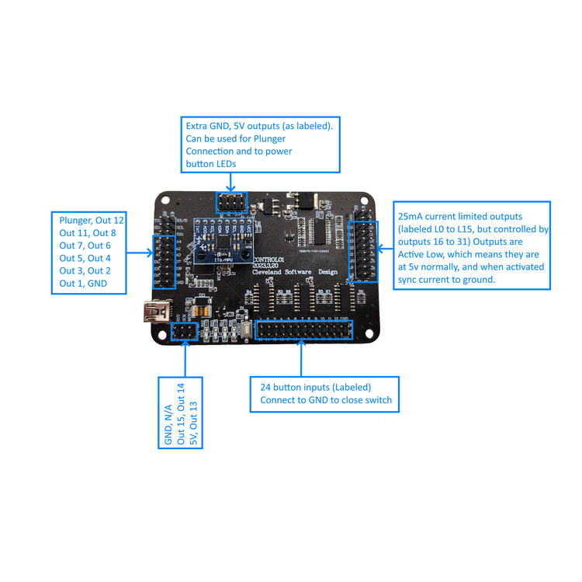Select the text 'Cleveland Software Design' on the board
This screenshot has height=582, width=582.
click(x=303, y=270)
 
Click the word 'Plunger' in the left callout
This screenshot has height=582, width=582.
click(x=75, y=221)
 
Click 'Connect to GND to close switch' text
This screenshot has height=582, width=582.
click(x=320, y=401)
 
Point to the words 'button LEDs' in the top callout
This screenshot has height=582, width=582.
click(x=210, y=164)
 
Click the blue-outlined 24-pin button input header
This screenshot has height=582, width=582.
click(x=302, y=333)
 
